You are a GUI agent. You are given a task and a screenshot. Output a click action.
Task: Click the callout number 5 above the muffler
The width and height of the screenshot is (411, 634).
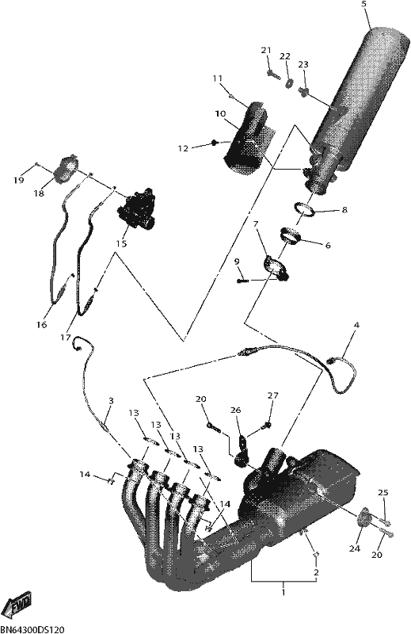[363, 5]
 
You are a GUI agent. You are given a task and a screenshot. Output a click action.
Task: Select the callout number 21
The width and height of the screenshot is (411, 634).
[265, 51]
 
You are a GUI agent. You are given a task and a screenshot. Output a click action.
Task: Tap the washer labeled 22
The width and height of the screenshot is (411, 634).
[290, 83]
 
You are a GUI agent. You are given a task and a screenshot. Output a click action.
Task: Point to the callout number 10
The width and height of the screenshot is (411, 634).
[220, 114]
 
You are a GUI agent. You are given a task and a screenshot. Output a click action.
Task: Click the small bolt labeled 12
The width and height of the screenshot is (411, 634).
[215, 142]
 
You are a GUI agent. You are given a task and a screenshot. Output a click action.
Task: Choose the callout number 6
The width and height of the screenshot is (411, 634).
[327, 245]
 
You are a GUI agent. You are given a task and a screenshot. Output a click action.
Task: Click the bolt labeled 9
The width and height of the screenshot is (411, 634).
[242, 280]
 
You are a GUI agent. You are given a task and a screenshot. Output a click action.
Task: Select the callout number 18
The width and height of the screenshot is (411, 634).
[38, 193]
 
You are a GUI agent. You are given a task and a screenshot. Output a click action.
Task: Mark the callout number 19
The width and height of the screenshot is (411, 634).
[18, 180]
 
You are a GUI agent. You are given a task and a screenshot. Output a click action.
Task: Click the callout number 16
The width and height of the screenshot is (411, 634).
[42, 324]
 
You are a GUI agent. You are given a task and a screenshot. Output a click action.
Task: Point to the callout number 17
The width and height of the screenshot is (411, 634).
[66, 338]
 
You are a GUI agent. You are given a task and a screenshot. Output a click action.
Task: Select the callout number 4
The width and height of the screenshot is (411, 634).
[356, 325]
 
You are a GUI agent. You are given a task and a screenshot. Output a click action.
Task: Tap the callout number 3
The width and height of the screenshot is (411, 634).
[111, 401]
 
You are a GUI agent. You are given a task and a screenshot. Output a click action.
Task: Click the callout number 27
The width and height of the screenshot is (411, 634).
[273, 395]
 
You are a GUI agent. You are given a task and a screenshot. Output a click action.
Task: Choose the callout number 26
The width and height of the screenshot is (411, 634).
[236, 410]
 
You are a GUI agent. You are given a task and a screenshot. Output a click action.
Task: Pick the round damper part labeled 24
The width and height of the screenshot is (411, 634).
[363, 517]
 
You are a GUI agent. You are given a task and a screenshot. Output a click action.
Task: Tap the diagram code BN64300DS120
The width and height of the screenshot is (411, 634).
[32, 629]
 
